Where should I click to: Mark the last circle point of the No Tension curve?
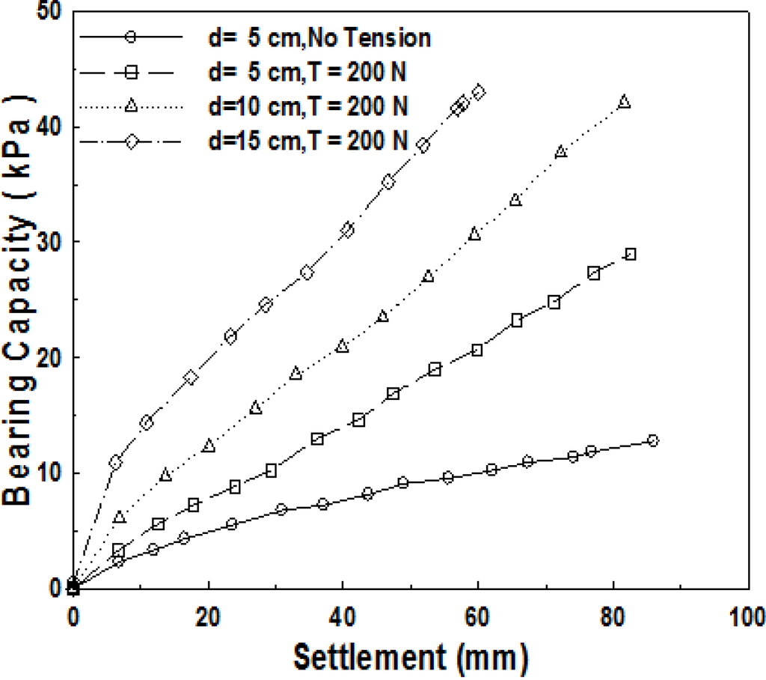(x=653, y=440)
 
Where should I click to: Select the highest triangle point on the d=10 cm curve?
(x=625, y=102)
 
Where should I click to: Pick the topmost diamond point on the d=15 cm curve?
(x=479, y=91)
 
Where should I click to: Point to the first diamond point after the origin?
(x=115, y=462)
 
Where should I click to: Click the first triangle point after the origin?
(x=120, y=517)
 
